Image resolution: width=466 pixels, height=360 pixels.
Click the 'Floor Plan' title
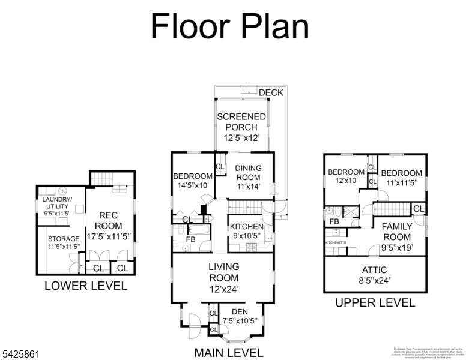[x=229, y=27]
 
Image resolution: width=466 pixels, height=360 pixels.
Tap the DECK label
[x=270, y=92]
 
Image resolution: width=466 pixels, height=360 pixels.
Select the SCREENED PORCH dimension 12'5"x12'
[x=241, y=138]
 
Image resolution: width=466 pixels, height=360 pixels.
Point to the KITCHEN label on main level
[x=246, y=226]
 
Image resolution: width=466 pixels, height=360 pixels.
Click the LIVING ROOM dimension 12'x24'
[x=224, y=289]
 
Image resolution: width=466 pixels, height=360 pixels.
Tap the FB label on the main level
[x=190, y=239]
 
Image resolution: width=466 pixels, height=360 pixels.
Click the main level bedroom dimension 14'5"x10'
[x=193, y=185]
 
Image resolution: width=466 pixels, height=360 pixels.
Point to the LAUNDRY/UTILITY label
[x=57, y=203]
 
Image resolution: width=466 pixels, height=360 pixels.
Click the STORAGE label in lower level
[x=64, y=239]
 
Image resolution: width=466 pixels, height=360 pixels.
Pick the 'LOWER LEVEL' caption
[x=86, y=286]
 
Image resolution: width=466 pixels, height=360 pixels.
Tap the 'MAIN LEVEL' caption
[x=228, y=352]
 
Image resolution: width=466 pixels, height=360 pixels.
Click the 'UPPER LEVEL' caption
[x=375, y=303]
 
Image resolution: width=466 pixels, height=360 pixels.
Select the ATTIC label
[x=374, y=270]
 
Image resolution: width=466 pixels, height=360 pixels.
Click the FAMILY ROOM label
[x=397, y=232]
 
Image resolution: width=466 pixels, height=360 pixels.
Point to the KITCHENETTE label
[x=335, y=242]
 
